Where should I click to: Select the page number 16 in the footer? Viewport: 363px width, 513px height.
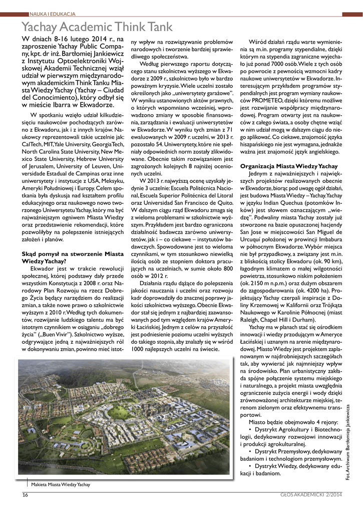25,495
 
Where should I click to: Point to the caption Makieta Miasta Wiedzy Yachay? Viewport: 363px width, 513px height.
61,484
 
